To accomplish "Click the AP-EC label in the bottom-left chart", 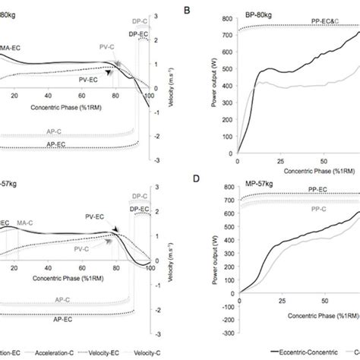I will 55,312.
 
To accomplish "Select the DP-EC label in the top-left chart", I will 138,33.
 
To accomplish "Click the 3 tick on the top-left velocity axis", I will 175,16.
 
